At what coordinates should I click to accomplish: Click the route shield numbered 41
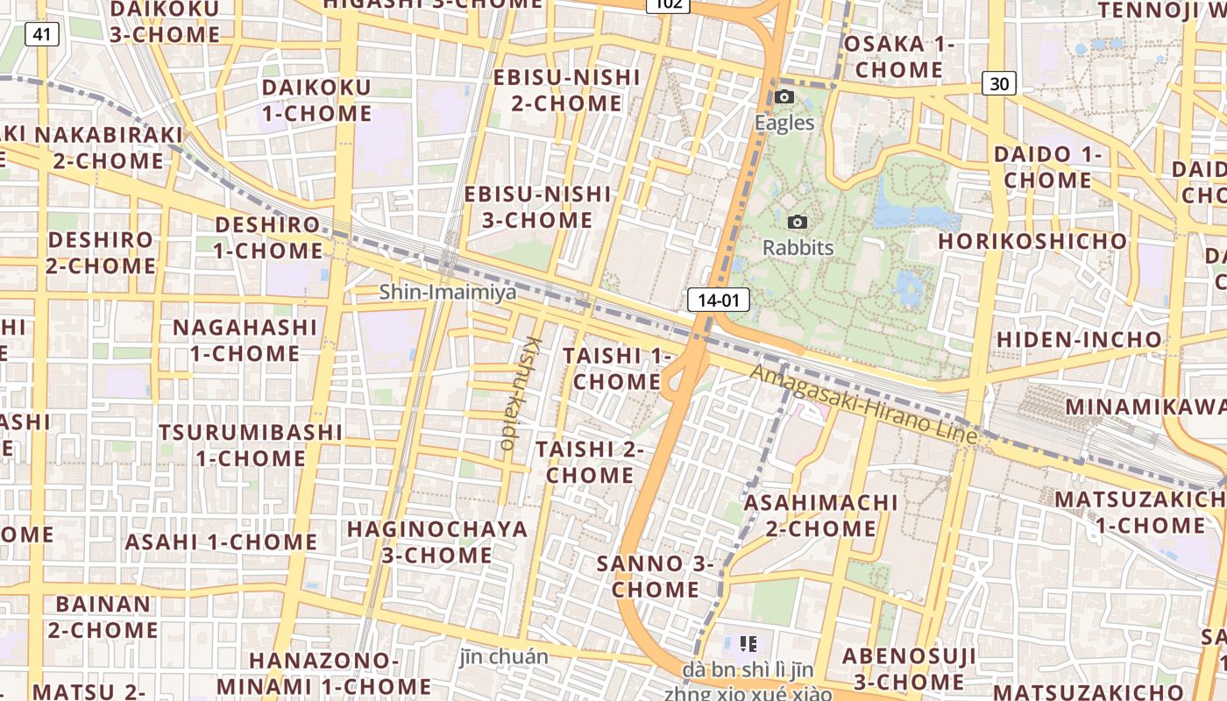41,34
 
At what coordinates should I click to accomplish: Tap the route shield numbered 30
999,83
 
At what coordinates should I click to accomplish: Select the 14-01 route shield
719,300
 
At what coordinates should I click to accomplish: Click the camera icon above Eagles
784,96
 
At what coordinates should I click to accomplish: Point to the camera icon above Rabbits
798,222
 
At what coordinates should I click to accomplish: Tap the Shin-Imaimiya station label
447,292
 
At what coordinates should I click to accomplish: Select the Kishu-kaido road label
520,392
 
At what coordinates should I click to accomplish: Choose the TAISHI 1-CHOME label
617,368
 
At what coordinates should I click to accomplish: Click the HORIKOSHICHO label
1032,241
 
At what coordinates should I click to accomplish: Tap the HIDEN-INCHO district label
1079,339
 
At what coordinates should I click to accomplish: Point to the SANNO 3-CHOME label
655,576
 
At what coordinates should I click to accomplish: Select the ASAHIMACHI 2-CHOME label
819,515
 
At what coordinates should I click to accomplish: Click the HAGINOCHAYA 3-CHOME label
437,542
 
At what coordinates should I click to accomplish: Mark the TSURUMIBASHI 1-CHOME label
251,445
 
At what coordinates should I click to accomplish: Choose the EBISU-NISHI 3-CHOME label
537,207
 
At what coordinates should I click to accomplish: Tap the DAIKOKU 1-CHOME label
316,100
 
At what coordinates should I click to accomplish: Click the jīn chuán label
504,656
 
